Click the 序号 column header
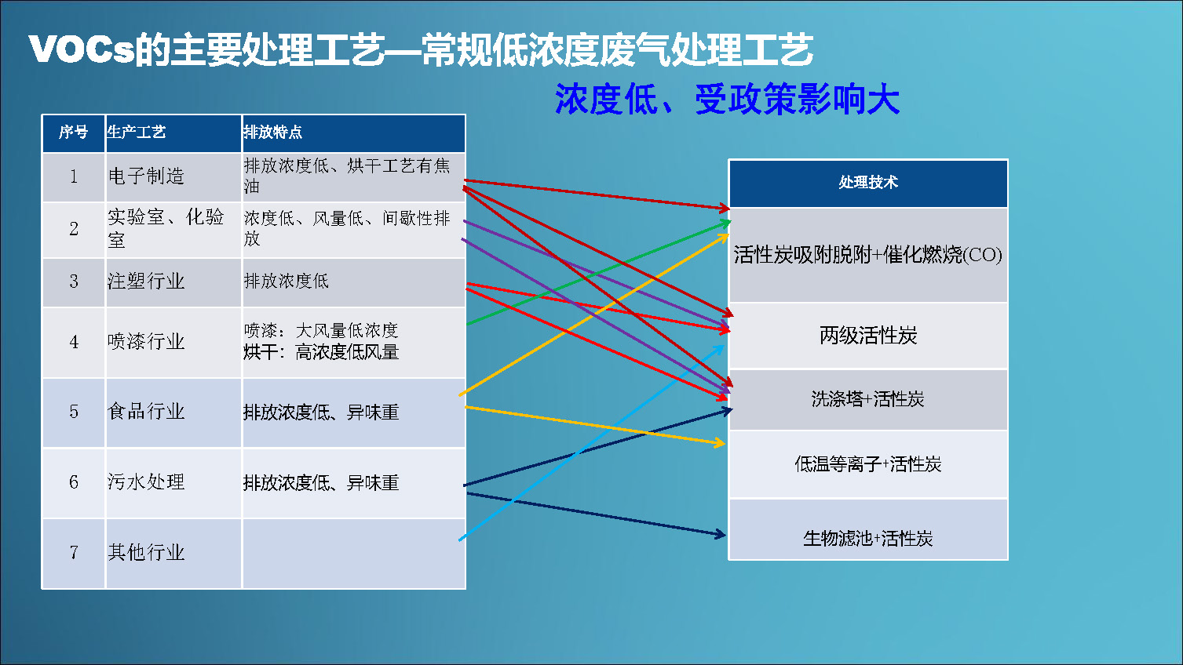(x=74, y=132)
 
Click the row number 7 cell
(x=74, y=552)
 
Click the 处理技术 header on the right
(x=868, y=183)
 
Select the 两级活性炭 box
(x=868, y=335)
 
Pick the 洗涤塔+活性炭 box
(x=868, y=399)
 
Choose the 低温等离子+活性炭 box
(x=868, y=464)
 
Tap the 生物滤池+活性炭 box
(x=868, y=529)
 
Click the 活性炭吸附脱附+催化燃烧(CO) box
(x=868, y=255)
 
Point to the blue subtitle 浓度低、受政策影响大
(x=727, y=100)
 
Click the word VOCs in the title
(x=82, y=49)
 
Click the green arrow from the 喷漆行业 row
(x=599, y=273)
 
